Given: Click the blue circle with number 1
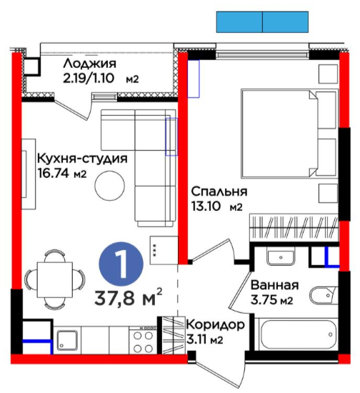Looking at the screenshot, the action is pos(121,264).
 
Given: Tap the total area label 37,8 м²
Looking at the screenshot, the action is pos(129,297).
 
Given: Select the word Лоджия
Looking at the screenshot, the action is pos(90,64).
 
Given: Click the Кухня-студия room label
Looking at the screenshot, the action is pos(82,159).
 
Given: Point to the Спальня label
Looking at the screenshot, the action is pos(219,191).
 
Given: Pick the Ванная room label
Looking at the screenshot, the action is pos(275,285).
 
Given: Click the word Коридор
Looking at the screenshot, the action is pos(216,325).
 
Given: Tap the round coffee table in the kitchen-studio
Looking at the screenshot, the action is pos(110,186).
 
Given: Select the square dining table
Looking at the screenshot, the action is pos(55,279).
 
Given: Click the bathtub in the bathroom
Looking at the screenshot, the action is pos(297,334).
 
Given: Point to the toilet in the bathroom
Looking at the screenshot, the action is pos(324,296).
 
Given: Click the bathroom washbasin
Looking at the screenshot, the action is pos(281,257).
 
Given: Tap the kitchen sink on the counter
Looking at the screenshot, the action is pos(67,340).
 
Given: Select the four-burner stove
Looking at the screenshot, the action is pos(143,340).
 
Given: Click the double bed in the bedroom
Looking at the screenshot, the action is pos(289,134).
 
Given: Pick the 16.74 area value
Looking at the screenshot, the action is pos(53,173).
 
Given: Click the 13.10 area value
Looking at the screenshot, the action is pos(206,207).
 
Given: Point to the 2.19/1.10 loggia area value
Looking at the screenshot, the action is pos(89,78).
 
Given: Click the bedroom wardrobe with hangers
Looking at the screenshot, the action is pos(294,227).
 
